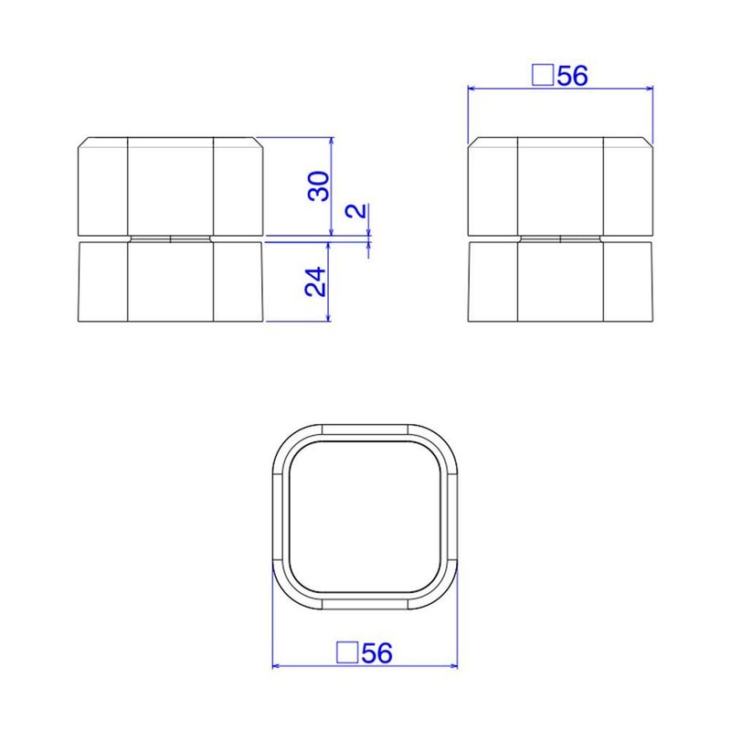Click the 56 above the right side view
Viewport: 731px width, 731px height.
[571, 76]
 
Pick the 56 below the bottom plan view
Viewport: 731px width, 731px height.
[377, 653]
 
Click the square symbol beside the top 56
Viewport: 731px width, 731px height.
[542, 76]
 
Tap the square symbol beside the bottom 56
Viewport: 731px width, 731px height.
[347, 653]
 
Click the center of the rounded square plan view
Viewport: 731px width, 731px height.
[365, 517]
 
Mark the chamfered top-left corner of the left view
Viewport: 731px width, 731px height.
[83, 143]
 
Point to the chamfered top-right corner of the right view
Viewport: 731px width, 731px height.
[649, 143]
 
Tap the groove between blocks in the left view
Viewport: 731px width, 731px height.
[171, 238]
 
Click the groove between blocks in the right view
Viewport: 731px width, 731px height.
[560, 238]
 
